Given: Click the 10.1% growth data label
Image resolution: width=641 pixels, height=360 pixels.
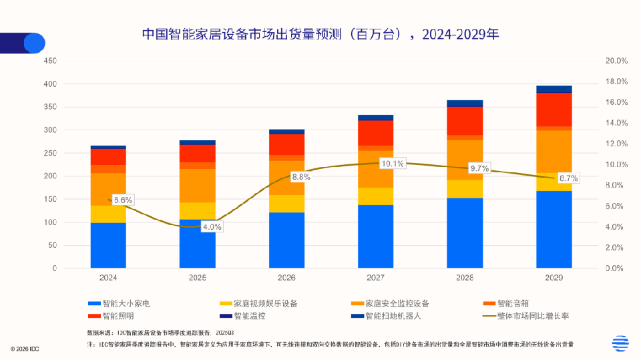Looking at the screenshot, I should [392, 164].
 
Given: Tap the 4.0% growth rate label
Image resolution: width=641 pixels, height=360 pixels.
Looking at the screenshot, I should [212, 226].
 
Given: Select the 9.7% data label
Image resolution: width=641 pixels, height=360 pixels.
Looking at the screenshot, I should [479, 169].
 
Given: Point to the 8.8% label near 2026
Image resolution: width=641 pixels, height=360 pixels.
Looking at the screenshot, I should [300, 177].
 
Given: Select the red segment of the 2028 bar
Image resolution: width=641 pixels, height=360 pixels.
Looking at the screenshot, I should [465, 121].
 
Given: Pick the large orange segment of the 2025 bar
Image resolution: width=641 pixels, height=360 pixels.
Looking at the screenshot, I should [198, 185].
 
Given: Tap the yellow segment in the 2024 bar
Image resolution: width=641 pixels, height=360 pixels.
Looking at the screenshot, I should [108, 214].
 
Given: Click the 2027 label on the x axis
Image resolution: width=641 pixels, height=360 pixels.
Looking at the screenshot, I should [375, 277].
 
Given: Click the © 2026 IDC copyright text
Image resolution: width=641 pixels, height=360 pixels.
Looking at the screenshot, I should [25, 349].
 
